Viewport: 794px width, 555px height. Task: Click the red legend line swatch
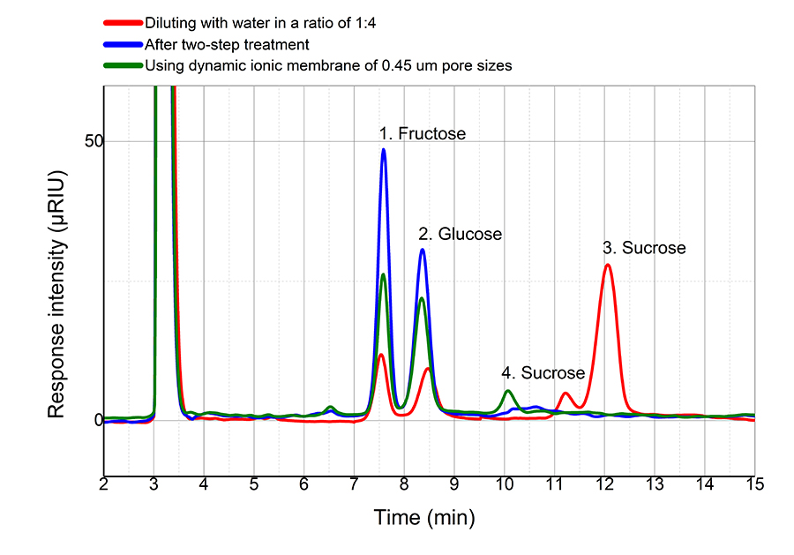coord(123,23)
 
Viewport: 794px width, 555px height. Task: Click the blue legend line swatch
coord(123,44)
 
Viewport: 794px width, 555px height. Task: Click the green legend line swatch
coord(123,65)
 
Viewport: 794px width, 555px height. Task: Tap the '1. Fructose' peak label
coord(423,134)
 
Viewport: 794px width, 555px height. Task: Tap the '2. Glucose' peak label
coord(460,235)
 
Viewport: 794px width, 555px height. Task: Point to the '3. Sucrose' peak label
coord(643,248)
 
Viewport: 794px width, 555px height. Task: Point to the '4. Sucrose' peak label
coord(543,372)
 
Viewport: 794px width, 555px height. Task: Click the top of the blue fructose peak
coord(384,149)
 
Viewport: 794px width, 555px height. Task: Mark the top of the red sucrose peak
coord(607,265)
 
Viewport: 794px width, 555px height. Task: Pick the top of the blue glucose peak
coord(423,250)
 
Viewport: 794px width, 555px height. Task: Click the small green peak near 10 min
coord(507,391)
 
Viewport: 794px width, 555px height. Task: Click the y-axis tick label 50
coord(82,141)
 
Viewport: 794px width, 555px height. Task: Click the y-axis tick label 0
coord(87,419)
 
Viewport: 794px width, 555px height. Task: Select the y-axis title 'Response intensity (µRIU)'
coord(56,280)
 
